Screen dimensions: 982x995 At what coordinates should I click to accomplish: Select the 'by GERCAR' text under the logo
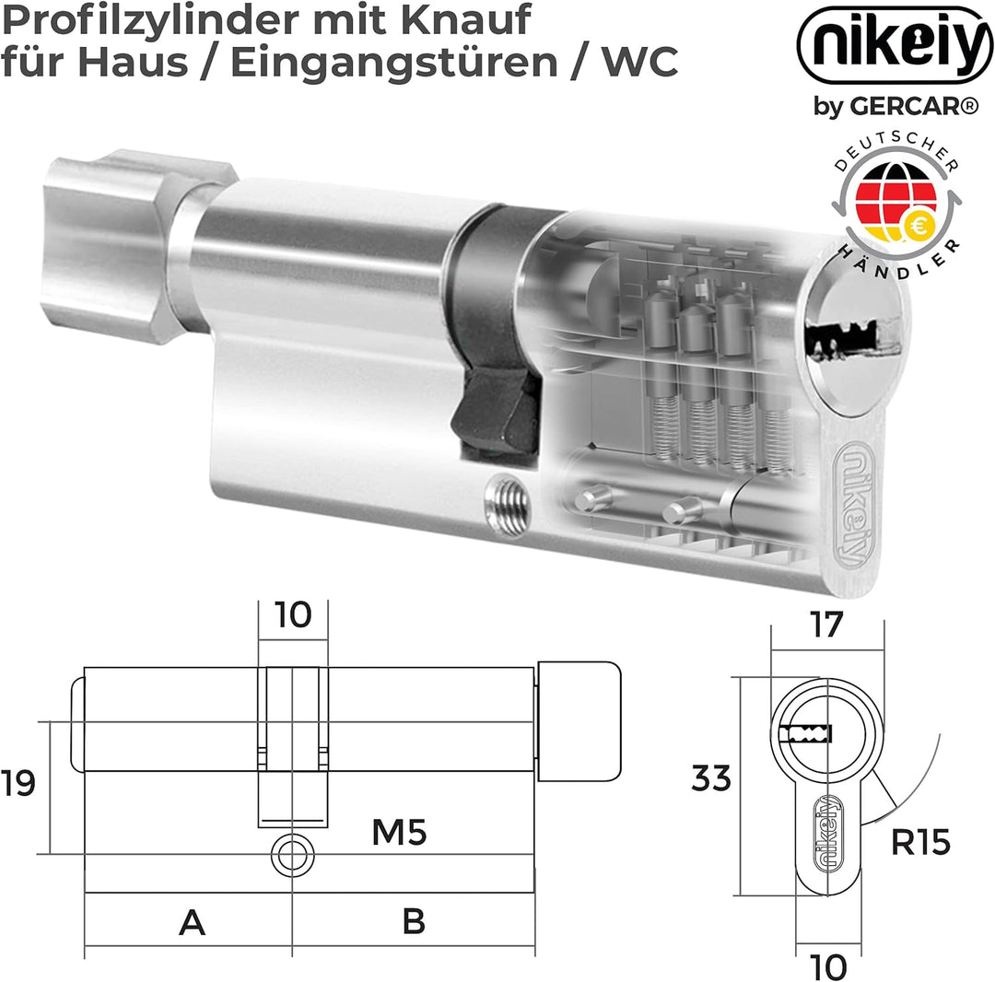(x=894, y=107)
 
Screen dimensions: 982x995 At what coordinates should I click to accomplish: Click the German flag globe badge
(x=893, y=207)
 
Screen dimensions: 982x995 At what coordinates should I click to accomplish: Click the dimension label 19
(x=19, y=783)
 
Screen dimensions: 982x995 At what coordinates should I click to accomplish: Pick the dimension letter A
(x=192, y=921)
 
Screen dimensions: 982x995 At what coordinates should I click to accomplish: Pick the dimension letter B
(x=414, y=921)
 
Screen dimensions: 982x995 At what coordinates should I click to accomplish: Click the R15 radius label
(x=920, y=841)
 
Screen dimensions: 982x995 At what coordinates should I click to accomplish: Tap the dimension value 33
(x=711, y=779)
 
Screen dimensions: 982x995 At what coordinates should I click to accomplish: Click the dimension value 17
(x=826, y=625)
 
